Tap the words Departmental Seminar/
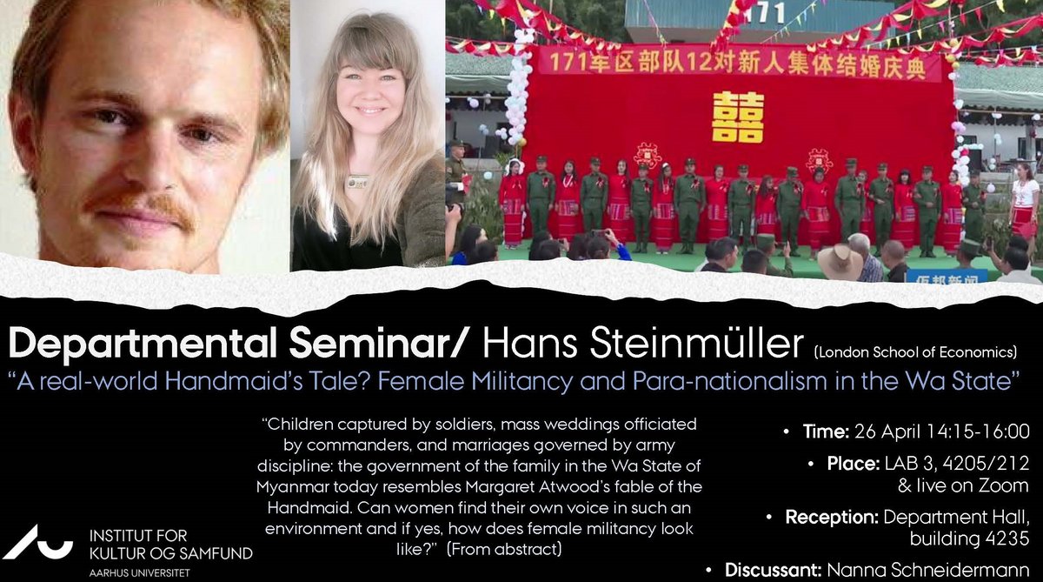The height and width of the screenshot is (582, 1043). [236, 345]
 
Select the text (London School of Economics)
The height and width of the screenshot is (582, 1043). [915, 351]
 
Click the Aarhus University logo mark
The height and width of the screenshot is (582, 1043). [37, 542]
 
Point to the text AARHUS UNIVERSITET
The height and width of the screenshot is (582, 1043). [139, 572]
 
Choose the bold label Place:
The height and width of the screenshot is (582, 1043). [853, 463]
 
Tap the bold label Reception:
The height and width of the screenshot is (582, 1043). [832, 517]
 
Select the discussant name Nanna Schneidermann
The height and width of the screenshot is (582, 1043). [928, 570]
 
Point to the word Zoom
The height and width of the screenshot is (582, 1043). [1003, 485]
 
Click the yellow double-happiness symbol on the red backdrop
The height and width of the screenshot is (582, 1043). [738, 117]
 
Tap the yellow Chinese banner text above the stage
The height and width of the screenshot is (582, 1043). [737, 64]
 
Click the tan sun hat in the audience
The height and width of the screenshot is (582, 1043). [840, 261]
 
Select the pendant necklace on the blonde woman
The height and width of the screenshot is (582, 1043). [357, 181]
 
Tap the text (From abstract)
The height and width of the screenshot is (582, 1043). [504, 549]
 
